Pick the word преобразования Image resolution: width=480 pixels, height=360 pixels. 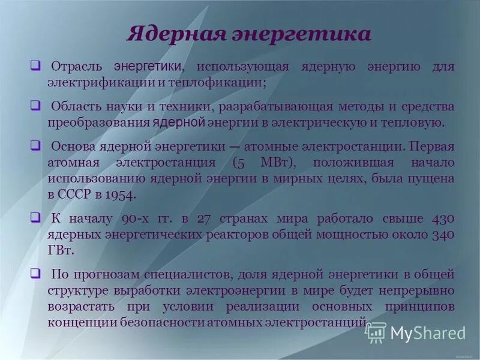[x=99, y=122]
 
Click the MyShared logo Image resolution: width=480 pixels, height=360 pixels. [x=416, y=332]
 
